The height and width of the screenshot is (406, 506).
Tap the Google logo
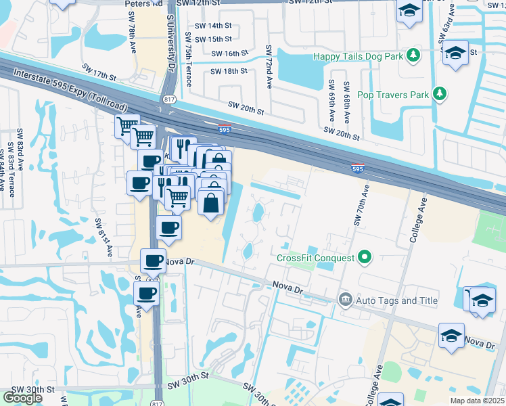[22, 398]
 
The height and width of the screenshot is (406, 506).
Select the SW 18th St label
[229, 71]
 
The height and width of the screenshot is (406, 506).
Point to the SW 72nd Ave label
[269, 66]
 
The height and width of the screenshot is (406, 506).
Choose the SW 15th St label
[214, 39]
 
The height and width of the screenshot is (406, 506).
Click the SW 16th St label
[230, 53]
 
